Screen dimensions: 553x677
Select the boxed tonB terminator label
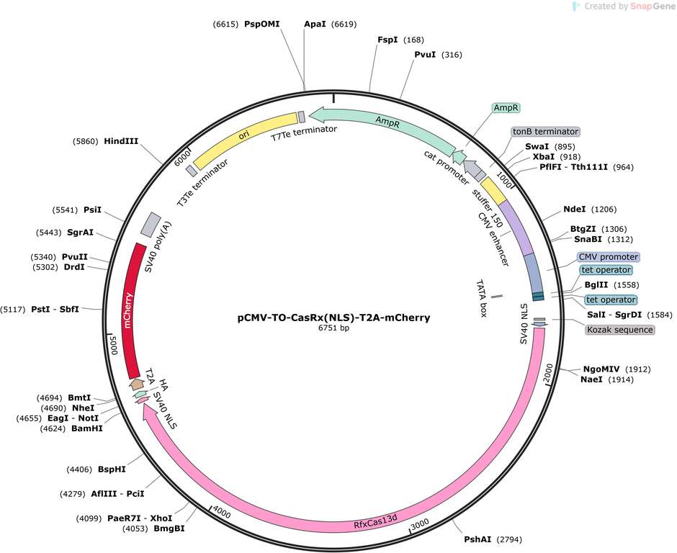tap(545, 132)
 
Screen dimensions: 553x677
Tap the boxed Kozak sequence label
tap(620, 330)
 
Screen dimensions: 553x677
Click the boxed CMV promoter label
tap(608, 257)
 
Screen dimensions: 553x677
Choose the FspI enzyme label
tap(387, 40)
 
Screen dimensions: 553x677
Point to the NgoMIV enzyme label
tap(601, 369)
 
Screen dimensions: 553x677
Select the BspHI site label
tap(112, 469)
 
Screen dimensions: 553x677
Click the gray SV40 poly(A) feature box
tap(149, 224)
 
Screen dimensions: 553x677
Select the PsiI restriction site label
tap(92, 210)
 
